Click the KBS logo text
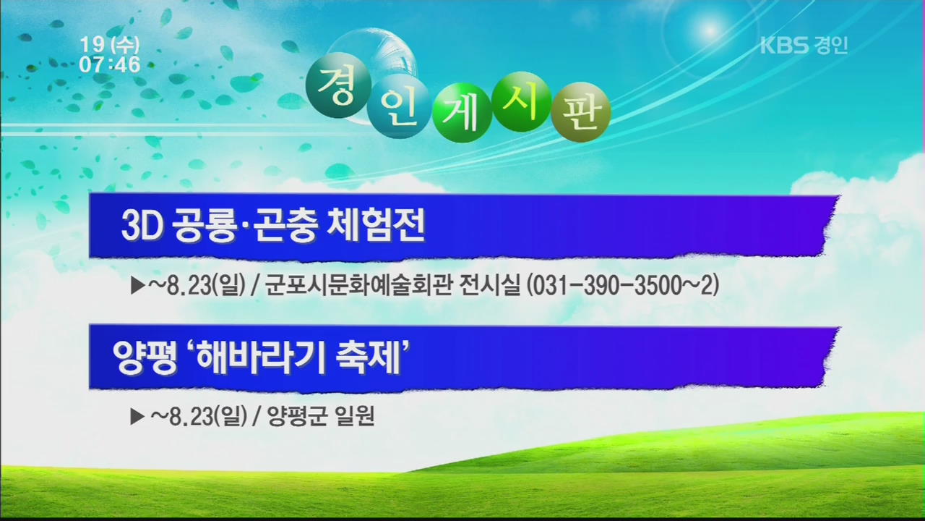click(x=784, y=46)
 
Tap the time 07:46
click(x=110, y=64)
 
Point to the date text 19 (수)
click(x=110, y=45)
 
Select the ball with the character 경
click(x=338, y=88)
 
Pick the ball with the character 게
click(x=462, y=112)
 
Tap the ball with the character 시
click(x=522, y=101)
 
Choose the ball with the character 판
click(x=581, y=112)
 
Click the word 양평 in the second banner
click(x=145, y=358)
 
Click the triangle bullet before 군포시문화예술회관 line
click(x=137, y=286)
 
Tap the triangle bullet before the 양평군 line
click(x=137, y=416)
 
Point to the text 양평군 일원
click(x=322, y=416)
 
